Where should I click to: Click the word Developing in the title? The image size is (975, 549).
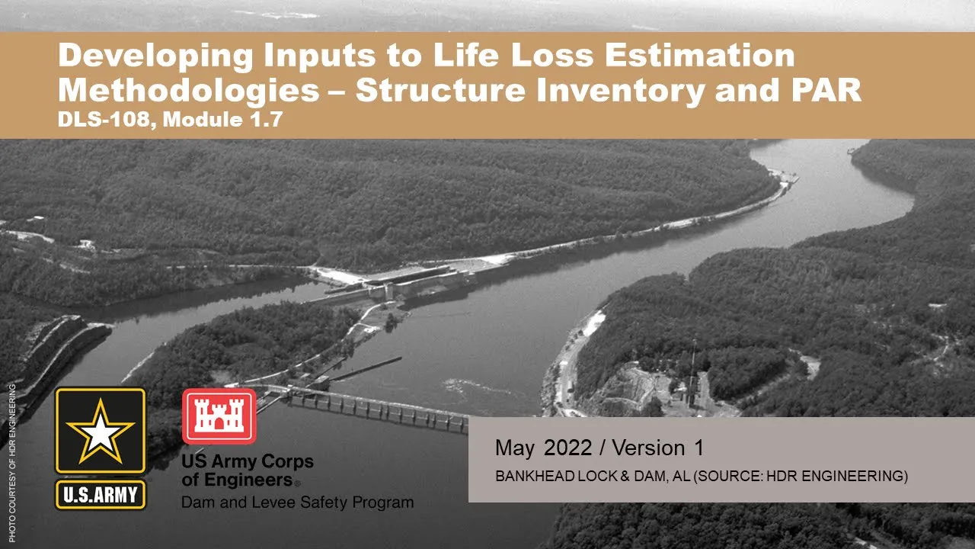(155, 56)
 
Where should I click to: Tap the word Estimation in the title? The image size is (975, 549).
(700, 55)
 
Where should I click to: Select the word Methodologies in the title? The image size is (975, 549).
(189, 90)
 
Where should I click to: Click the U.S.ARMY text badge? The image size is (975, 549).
(101, 495)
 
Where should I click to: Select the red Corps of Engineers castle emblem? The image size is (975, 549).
(219, 416)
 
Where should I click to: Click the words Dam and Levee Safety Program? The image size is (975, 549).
(297, 502)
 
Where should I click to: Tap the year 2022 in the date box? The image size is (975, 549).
(567, 448)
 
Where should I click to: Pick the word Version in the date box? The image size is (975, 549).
(648, 448)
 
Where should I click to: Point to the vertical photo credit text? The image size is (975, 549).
(11, 463)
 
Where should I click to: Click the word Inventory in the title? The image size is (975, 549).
(620, 90)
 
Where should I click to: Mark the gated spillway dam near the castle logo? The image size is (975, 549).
(370, 407)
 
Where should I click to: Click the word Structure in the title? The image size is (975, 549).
(440, 90)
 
